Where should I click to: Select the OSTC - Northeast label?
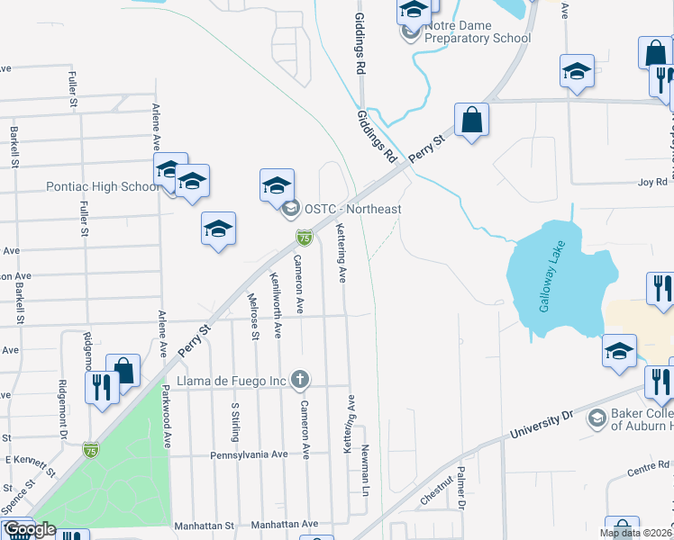pos(352,209)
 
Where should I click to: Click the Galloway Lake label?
pos(555,284)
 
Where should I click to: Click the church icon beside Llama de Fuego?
pos(301,379)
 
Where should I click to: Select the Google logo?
pos(30,529)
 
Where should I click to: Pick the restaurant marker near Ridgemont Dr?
pos(102,388)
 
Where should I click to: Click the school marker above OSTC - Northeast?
pos(278,186)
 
